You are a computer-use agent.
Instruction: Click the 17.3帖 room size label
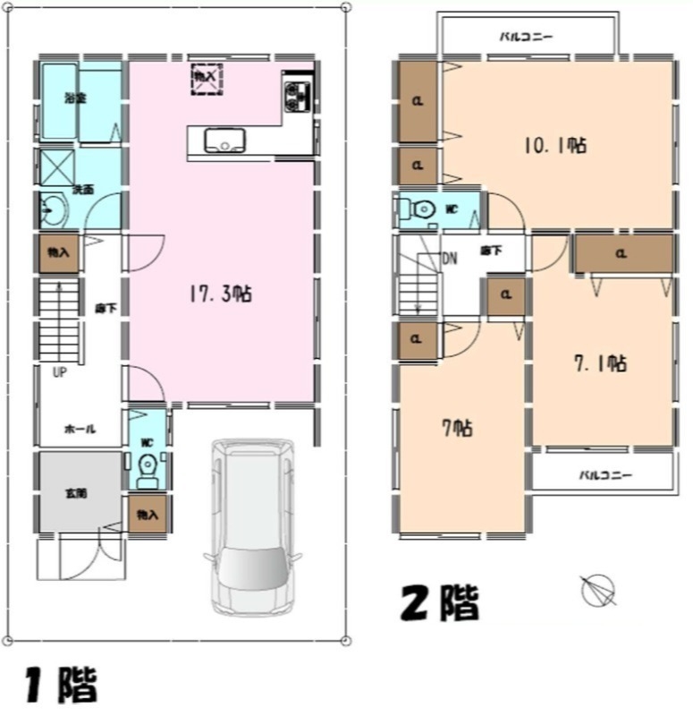click(x=220, y=294)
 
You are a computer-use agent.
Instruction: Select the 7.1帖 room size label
click(x=599, y=362)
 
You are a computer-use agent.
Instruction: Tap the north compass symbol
click(x=597, y=590)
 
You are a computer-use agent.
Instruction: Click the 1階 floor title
click(x=60, y=685)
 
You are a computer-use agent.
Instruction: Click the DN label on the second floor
click(x=450, y=259)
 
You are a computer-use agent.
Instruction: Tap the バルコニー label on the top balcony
click(x=526, y=38)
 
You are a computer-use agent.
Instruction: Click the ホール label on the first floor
click(x=80, y=429)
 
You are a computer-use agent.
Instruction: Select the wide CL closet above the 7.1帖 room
click(x=622, y=254)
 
